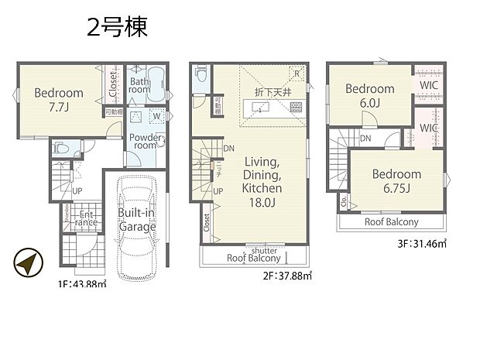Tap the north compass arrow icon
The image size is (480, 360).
tap(27, 265)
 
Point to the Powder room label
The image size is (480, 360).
tap(146, 142)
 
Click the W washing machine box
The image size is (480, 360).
tap(157, 118)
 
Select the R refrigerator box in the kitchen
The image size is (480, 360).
tap(296, 74)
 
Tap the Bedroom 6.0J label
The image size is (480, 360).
tap(370, 94)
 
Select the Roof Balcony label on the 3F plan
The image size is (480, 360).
tap(391, 221)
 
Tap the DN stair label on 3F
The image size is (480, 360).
tap(365, 139)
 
